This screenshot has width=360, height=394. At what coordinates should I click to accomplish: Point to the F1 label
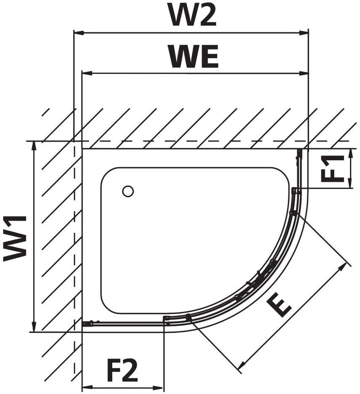point(332,168)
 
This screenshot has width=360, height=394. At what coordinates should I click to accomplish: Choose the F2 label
point(122,370)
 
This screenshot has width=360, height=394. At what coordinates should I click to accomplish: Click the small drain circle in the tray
point(128,191)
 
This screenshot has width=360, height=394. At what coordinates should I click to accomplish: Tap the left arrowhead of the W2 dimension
point(79,33)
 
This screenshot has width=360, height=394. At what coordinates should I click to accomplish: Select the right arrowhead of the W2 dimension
point(304,33)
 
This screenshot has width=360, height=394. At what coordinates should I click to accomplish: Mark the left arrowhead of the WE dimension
point(87,73)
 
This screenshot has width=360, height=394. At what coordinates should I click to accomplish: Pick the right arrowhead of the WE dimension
point(304,73)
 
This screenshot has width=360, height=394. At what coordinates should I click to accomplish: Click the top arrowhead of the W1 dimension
point(34,146)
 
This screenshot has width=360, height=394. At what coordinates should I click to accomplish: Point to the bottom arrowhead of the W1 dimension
point(34,326)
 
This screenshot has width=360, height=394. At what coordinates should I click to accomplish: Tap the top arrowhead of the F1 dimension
point(350,153)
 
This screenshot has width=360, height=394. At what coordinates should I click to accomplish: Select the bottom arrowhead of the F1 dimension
point(350,183)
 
